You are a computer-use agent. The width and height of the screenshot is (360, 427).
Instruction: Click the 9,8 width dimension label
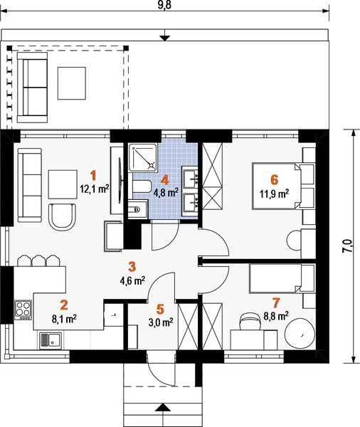(164, 5)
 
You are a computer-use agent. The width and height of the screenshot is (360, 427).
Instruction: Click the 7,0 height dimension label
(347, 246)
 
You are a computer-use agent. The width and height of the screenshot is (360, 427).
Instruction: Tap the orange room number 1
(93, 175)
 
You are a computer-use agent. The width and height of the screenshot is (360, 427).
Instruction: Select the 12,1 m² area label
(95, 189)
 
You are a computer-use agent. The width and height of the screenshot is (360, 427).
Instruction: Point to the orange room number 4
(165, 180)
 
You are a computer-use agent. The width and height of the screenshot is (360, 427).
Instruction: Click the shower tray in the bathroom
(143, 158)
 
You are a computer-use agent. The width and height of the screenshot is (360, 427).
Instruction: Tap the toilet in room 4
(142, 186)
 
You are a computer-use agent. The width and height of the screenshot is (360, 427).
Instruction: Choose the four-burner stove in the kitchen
(23, 310)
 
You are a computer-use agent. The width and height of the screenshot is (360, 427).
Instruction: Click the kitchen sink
(51, 340)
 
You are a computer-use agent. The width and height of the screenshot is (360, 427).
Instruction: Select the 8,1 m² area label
(64, 318)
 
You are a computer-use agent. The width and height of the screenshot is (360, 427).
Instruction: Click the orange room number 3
(132, 267)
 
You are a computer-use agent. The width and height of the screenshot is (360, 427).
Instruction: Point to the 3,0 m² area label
(161, 322)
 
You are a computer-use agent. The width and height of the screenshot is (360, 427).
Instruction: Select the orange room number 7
(276, 302)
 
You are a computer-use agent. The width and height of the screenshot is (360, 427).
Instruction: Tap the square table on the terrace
(72, 83)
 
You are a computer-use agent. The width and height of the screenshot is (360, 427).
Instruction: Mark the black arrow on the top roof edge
(164, 38)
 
